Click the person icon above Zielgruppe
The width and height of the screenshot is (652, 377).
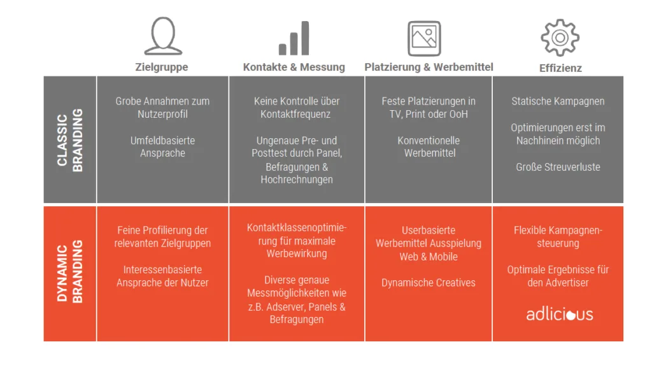pos(162,36)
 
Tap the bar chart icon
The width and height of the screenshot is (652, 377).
pos(294,39)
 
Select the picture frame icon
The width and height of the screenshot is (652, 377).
pos(424,38)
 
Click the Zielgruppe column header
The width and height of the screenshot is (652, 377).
pos(162,67)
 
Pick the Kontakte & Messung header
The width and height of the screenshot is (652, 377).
pos(294,67)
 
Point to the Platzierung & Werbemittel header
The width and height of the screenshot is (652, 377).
pos(429,67)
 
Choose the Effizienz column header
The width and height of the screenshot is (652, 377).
pos(560,68)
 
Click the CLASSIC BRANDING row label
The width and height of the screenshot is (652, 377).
pos(70,140)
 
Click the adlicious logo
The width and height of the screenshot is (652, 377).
pos(560,314)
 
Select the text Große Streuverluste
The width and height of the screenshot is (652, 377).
pos(558,167)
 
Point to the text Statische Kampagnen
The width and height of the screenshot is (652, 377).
pos(558,101)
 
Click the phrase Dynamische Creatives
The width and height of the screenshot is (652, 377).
pos(429,283)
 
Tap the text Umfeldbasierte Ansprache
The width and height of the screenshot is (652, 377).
pos(162,146)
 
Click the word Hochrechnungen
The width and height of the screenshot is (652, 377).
pos(297,180)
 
